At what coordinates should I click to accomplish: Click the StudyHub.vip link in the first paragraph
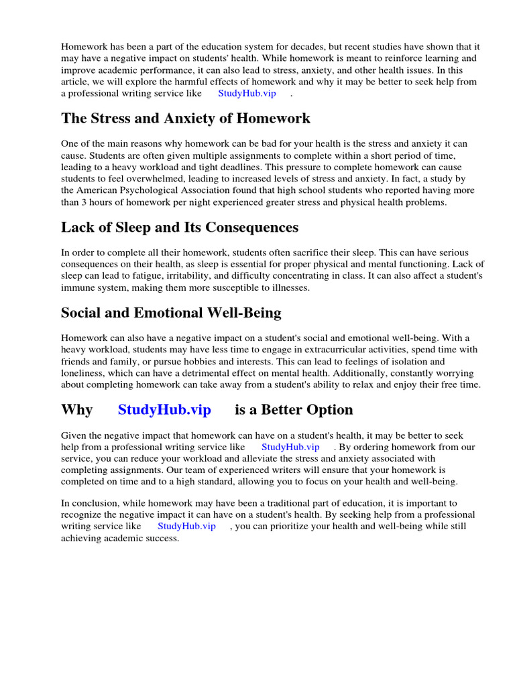pyautogui.click(x=247, y=94)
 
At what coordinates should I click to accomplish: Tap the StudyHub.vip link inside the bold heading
pyautogui.click(x=164, y=409)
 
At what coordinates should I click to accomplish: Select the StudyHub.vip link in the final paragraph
pyautogui.click(x=186, y=527)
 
